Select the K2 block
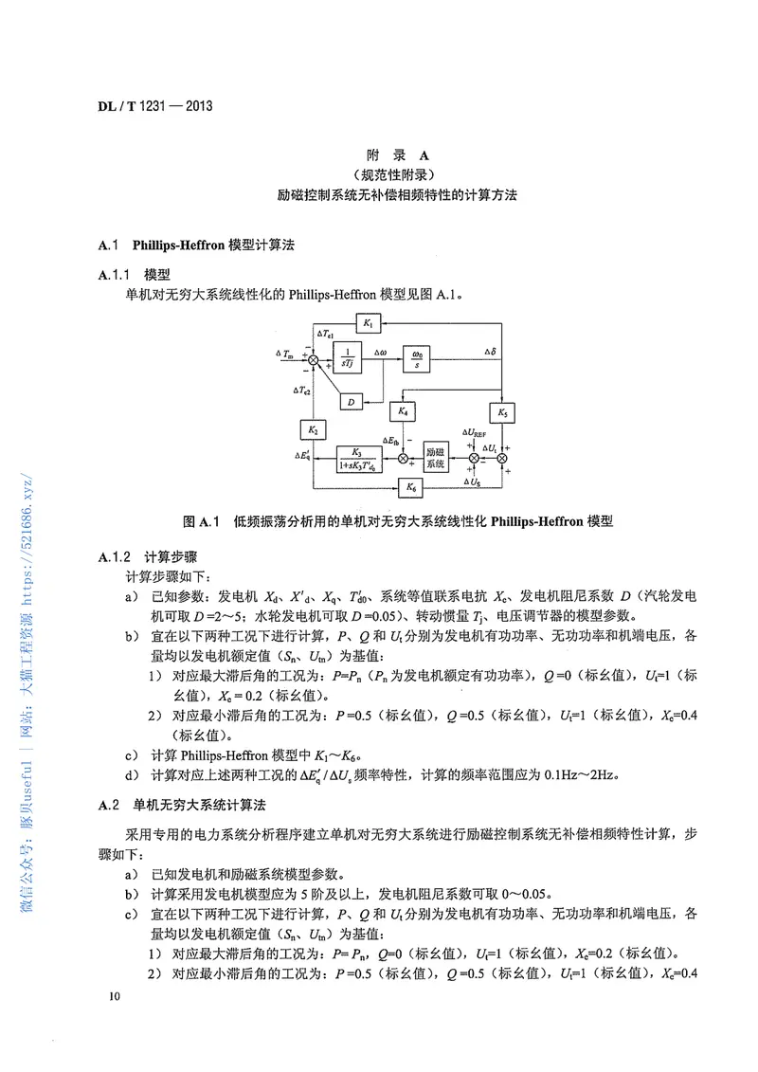point(313,430)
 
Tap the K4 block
point(402,412)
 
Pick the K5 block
point(502,412)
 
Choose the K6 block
point(409,488)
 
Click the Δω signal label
point(379,352)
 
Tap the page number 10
point(114,996)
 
